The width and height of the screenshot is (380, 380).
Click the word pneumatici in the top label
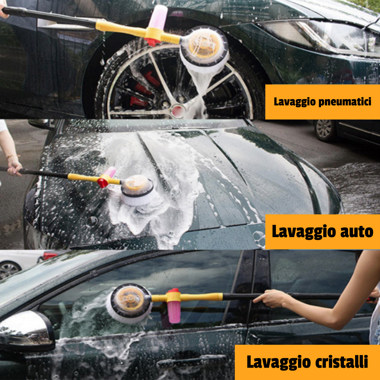click(x=345, y=102)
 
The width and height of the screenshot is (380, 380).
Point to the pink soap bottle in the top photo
click(x=158, y=17)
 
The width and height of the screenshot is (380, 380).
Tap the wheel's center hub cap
click(x=178, y=111)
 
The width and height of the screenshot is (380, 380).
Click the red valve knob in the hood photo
click(x=102, y=183)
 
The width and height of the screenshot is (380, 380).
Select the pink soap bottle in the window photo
click(x=174, y=310)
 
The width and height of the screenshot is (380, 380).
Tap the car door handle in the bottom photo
click(x=192, y=361)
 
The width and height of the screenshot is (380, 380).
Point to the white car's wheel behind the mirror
click(x=9, y=270)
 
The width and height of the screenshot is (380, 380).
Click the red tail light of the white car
click(x=49, y=256)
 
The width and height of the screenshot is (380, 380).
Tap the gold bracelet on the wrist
click(x=13, y=156)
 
